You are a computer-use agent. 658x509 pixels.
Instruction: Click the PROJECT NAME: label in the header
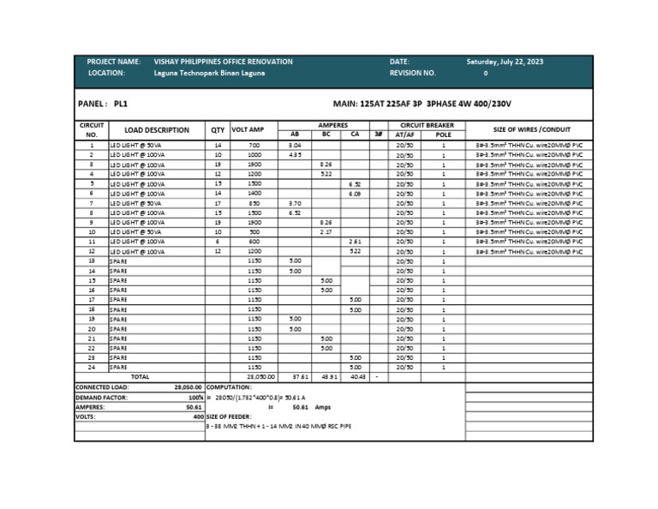pos(114,62)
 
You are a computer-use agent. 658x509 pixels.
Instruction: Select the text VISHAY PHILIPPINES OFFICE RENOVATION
pos(223,62)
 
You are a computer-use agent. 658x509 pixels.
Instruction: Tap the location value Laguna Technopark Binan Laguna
pos(209,74)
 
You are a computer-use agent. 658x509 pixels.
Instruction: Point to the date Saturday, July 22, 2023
pos(505,62)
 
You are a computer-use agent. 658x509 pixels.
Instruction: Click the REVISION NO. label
pos(413,74)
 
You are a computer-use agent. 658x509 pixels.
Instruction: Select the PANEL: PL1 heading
pos(102,103)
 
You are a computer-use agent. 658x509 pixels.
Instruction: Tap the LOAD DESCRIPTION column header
pos(157,130)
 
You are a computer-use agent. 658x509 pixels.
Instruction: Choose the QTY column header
pos(218,130)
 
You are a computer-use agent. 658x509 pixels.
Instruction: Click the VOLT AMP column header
pos(248,130)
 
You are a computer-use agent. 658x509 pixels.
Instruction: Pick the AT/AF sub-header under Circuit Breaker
pos(404,135)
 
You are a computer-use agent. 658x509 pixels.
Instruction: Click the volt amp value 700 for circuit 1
pos(254,147)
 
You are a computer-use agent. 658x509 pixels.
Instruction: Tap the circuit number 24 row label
pos(92,367)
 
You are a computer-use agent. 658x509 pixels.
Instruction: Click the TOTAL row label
pos(140,376)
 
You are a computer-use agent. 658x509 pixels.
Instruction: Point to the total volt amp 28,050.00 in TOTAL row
pos(260,376)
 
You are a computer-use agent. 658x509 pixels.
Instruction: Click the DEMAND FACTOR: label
pos(99,398)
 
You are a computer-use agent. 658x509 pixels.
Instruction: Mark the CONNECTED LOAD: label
pos(102,387)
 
